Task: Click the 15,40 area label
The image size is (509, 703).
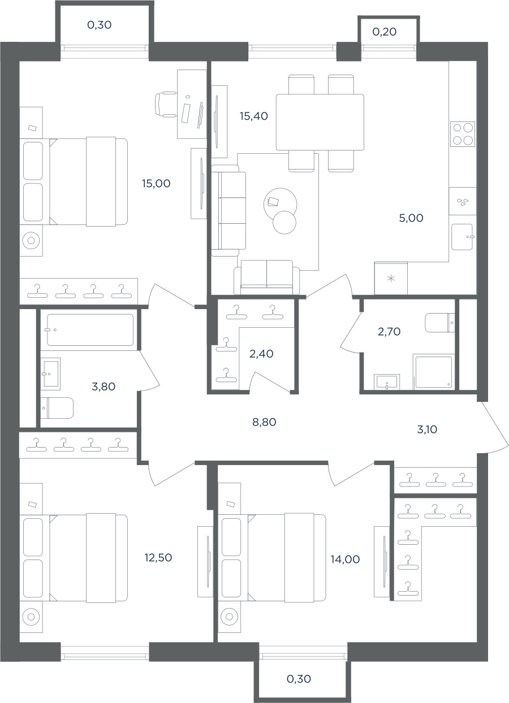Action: click(254, 116)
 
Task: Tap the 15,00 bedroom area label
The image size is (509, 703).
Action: click(156, 183)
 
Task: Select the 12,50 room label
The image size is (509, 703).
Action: click(158, 557)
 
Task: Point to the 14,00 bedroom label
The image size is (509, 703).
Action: click(345, 559)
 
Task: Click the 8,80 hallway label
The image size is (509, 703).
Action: click(264, 422)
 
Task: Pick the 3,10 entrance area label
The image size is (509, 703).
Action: click(427, 429)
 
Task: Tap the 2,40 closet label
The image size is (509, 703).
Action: click(261, 354)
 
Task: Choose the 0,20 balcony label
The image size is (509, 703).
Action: click(385, 32)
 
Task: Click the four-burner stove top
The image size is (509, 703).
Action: click(463, 134)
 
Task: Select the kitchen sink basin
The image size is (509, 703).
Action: click(462, 237)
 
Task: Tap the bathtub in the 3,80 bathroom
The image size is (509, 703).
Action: click(90, 330)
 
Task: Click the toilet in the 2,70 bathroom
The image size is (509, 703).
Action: click(439, 322)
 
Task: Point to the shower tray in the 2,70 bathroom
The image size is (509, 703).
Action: click(434, 372)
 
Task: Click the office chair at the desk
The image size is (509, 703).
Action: click(166, 104)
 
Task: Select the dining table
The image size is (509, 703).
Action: click(320, 122)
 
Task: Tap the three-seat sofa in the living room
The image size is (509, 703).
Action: click(228, 210)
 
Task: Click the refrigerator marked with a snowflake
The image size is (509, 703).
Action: click(391, 278)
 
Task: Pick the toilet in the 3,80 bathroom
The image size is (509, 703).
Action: click(58, 408)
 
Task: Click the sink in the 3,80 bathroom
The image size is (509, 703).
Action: click(50, 374)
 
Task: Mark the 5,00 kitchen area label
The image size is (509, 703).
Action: click(411, 218)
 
